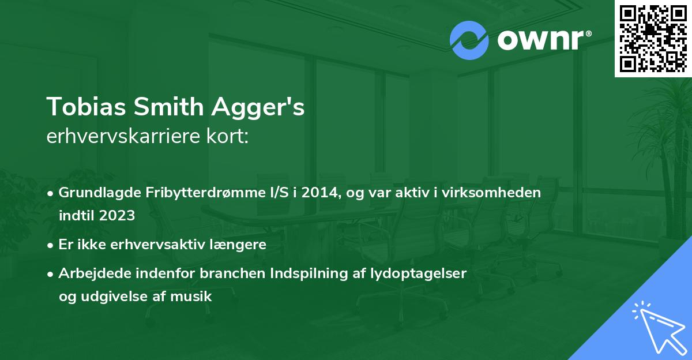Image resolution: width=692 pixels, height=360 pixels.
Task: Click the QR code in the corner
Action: pos(653,38)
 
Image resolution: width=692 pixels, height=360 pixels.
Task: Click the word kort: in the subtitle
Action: pos(230,137)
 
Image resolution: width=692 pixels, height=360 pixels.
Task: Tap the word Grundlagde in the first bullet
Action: pos(92,193)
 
